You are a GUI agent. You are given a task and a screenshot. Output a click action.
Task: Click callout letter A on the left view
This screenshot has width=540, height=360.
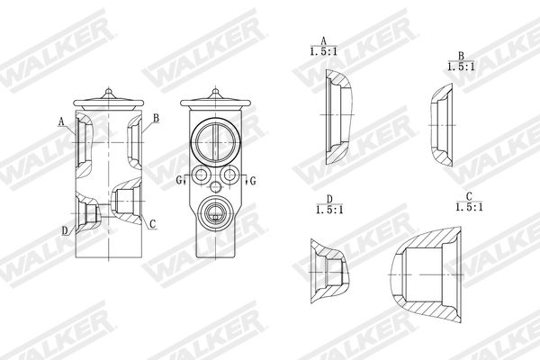click(x=61, y=121)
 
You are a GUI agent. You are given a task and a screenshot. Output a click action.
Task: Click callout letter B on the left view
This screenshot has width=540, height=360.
click(x=156, y=118)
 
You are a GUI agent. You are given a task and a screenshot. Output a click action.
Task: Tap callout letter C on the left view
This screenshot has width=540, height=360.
click(x=153, y=225)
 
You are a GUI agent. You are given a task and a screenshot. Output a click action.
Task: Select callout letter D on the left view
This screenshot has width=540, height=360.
click(x=65, y=230)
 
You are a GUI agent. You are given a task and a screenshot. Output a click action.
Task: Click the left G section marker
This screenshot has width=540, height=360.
click(x=178, y=180)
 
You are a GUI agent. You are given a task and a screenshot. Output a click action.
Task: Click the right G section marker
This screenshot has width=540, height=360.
click(x=253, y=181)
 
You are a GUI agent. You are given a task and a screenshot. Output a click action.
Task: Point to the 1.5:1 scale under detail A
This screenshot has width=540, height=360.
click(x=323, y=51)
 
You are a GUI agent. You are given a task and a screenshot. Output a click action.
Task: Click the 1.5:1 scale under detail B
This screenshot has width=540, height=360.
click(x=461, y=67)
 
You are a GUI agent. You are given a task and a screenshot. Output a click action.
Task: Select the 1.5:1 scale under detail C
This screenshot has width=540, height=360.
click(x=469, y=207)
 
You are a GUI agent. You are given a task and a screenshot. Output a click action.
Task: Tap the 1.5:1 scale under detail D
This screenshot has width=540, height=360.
click(x=329, y=210)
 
